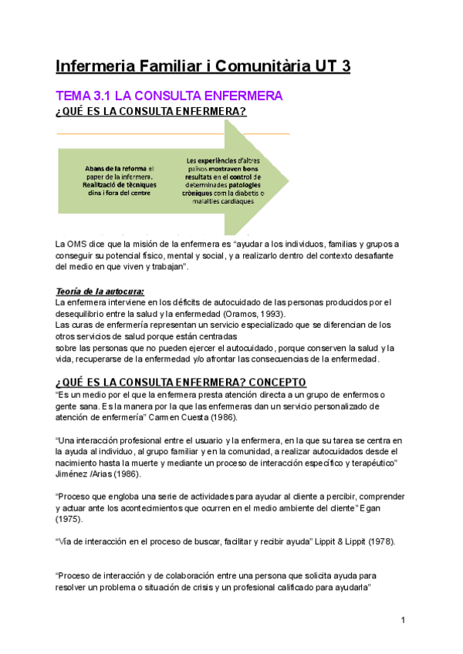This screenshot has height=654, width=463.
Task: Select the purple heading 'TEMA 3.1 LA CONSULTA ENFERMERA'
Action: (170, 96)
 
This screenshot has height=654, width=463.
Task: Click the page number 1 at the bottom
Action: (403, 621)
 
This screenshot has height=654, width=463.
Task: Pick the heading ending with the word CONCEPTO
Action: (181, 383)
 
